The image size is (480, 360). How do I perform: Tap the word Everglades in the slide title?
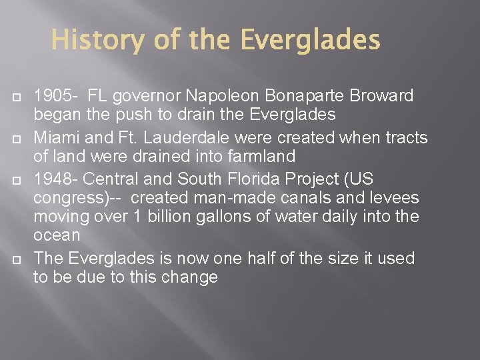click(x=310, y=41)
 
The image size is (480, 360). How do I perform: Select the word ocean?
click(x=57, y=235)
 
